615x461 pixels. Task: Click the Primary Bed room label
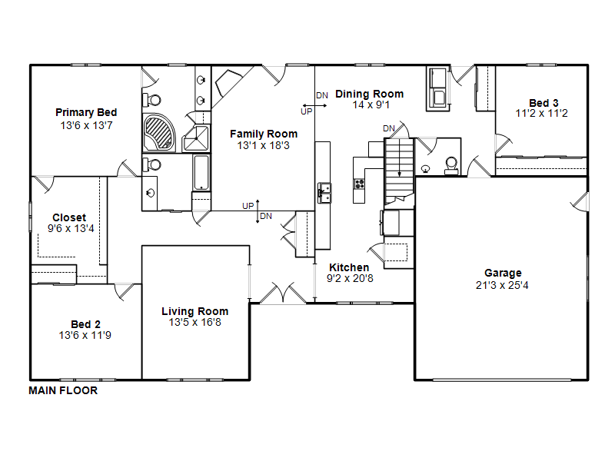86,112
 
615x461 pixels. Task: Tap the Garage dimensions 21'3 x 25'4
502,285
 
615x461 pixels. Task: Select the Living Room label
195,311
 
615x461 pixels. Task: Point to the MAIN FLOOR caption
63,390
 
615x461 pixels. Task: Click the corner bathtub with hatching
159,133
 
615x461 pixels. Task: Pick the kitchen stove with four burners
359,184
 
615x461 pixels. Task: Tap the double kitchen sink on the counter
324,193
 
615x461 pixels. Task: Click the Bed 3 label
544,103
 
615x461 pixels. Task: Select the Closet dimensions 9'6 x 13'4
71,228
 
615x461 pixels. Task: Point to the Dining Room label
370,94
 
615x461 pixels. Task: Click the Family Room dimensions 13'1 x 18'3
263,145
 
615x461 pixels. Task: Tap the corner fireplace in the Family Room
228,83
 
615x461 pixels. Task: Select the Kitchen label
349,267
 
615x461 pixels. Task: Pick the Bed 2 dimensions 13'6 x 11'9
85,335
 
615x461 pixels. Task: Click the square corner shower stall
197,138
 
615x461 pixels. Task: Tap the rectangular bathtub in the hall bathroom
201,172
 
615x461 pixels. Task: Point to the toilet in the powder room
451,166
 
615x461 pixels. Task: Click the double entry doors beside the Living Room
283,293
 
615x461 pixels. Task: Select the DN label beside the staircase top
389,128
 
